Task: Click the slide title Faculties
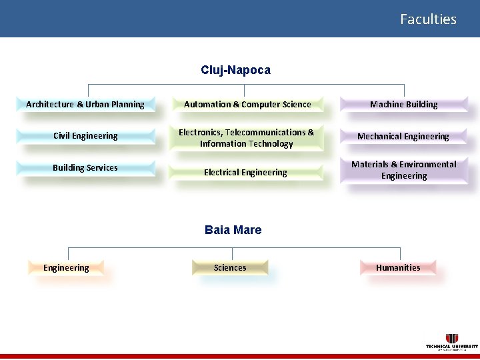(x=428, y=19)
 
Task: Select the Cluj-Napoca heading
(x=235, y=70)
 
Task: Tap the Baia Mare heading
(x=233, y=230)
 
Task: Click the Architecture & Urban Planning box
(x=85, y=104)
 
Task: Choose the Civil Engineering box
(x=85, y=136)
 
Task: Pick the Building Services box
(x=85, y=168)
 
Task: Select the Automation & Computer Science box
(x=247, y=104)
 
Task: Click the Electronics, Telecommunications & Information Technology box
(x=246, y=138)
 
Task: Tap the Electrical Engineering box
(x=245, y=173)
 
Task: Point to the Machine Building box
(x=403, y=104)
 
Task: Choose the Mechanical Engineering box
(x=403, y=136)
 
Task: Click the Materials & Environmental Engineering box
(x=403, y=170)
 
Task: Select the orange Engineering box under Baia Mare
(x=66, y=268)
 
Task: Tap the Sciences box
(x=230, y=268)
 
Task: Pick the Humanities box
(x=398, y=268)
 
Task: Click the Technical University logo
(x=452, y=341)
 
